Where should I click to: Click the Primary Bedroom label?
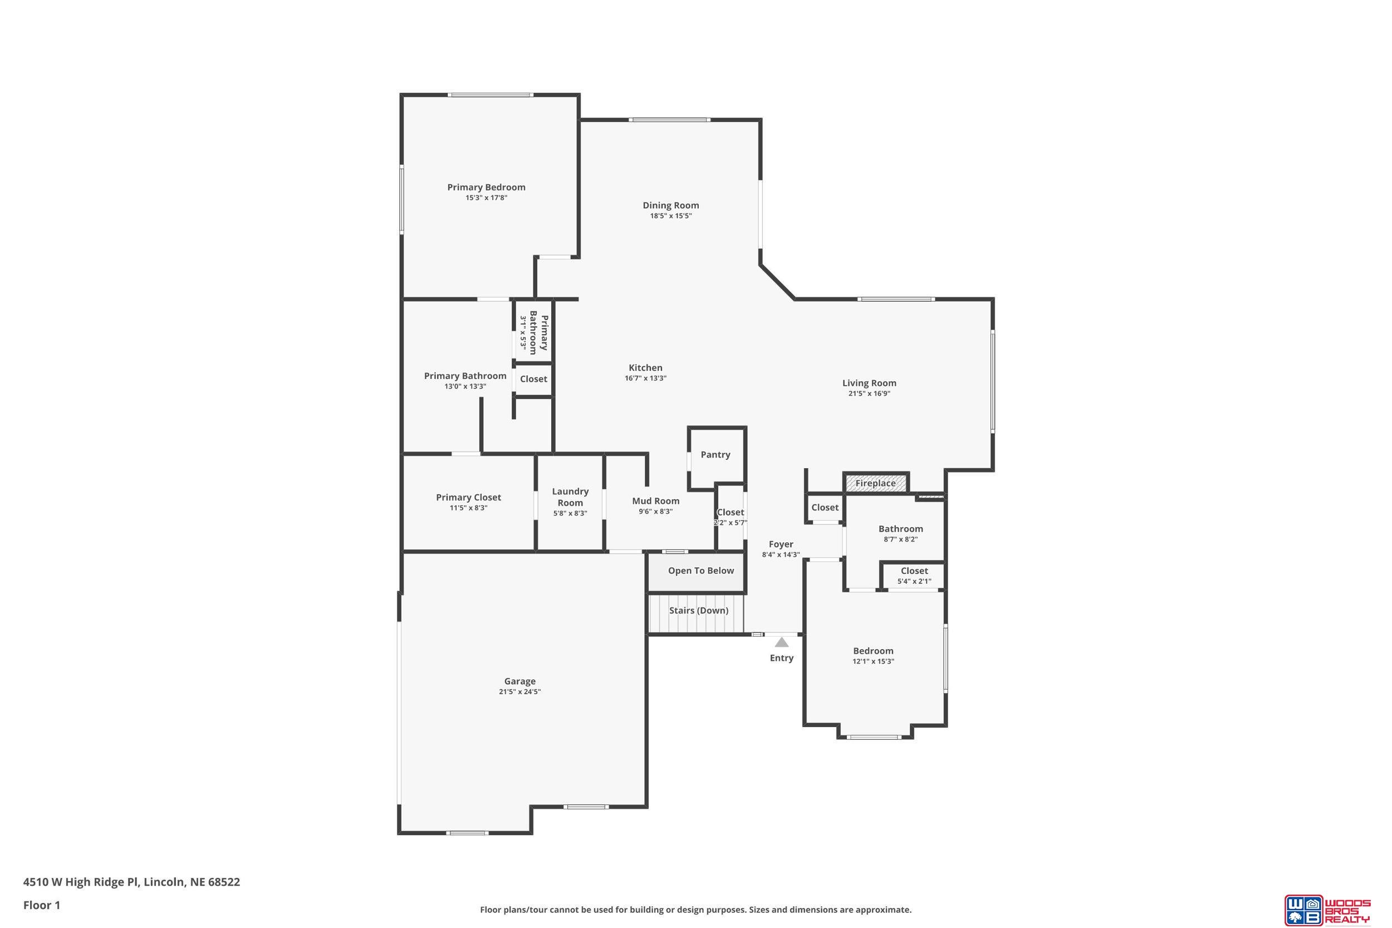486,187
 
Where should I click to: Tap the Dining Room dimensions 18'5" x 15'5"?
670,216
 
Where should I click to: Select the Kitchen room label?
645,367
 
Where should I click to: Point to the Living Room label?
869,383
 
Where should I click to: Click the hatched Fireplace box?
876,483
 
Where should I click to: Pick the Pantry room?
716,458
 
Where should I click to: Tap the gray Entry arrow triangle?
782,642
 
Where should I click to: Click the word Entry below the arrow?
781,658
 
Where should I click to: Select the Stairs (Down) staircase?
696,613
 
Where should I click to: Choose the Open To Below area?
697,572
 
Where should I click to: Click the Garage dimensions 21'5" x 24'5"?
519,692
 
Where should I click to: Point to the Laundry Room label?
570,497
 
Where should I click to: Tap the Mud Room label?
656,500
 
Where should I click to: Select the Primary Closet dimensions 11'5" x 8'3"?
468,508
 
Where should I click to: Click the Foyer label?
781,544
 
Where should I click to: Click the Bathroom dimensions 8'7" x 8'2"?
900,539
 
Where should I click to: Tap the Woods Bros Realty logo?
1327,910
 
